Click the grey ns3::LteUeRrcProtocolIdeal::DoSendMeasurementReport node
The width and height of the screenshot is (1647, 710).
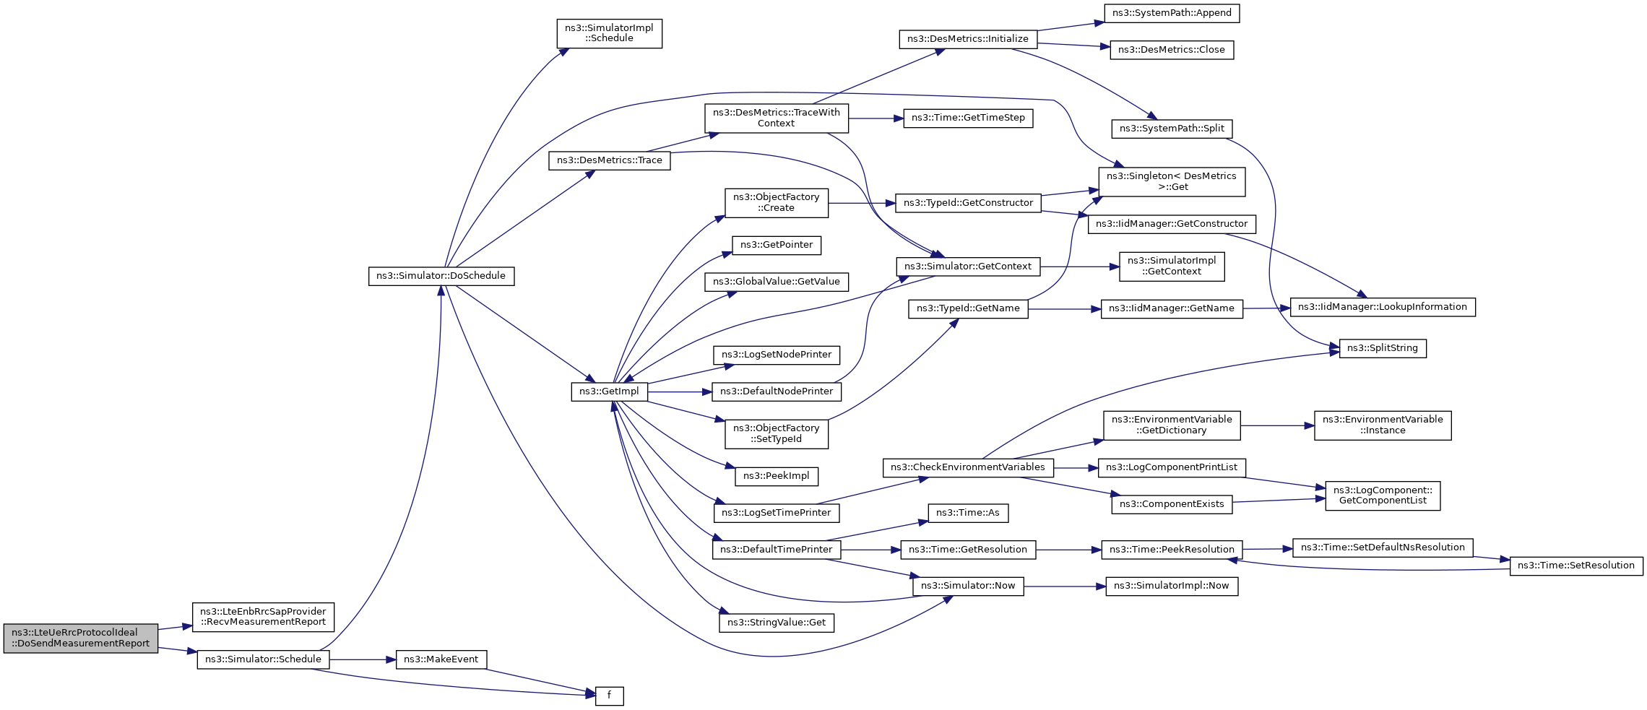pos(80,638)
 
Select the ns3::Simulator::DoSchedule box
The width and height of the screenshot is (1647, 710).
pos(441,276)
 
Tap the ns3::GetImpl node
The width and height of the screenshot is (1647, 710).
pos(609,391)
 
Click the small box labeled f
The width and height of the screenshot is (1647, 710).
pos(609,696)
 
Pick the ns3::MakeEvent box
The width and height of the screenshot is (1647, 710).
pos(441,659)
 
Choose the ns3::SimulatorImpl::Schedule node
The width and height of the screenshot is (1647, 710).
pos(609,33)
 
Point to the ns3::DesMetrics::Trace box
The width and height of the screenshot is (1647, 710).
pos(609,160)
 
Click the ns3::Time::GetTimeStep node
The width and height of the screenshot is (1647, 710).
pos(968,118)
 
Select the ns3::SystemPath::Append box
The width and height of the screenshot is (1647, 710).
pos(1172,13)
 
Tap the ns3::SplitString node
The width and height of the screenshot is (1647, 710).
pos(1382,348)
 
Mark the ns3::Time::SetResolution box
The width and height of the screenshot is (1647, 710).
pos(1575,566)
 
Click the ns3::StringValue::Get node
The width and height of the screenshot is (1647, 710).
pos(776,623)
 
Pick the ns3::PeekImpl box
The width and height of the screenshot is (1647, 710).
pos(776,476)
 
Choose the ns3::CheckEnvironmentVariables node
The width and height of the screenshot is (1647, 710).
pos(967,467)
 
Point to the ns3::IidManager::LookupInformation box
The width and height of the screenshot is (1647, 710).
pos(1382,307)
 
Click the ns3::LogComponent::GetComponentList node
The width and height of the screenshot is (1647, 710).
pos(1382,495)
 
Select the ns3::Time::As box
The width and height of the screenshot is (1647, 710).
pos(967,513)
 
